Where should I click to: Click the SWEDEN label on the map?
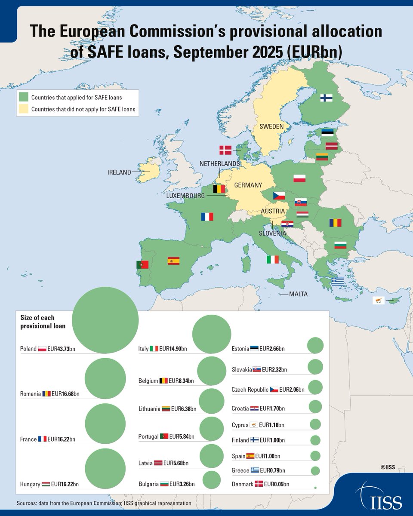[x=271, y=126]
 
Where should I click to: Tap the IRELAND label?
[x=119, y=172]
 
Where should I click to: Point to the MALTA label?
[x=298, y=295]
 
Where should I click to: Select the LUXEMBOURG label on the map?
[x=185, y=196]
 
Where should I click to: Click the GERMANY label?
[x=248, y=185]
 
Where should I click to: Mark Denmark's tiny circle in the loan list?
[x=315, y=488]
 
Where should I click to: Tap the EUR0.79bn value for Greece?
[x=273, y=470]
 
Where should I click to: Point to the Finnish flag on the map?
[x=326, y=98]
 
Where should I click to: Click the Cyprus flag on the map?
[x=378, y=301]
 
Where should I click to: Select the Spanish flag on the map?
[x=173, y=261]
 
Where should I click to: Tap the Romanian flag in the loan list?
[x=46, y=393]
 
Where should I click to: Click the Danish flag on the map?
[x=225, y=150]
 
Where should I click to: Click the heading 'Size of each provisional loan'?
[x=43, y=322]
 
